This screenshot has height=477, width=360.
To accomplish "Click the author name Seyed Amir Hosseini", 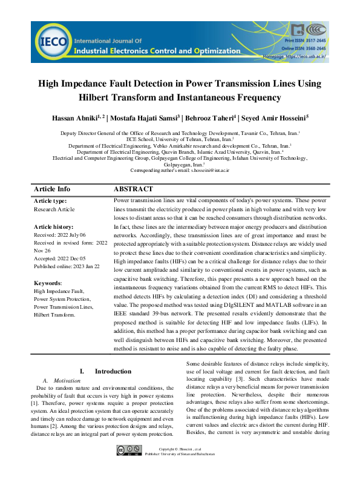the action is tap(284, 117).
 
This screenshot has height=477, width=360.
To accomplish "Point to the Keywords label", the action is tap(48, 283).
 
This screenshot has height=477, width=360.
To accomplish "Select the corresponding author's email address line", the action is tap(180, 171).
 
